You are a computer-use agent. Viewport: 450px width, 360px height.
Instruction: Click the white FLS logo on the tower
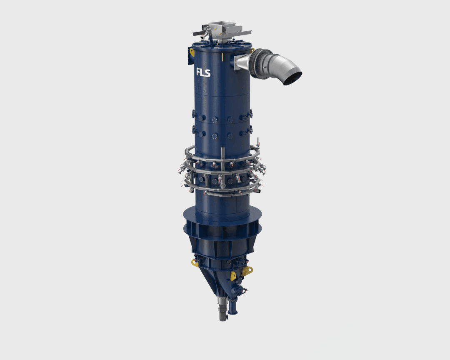coord(203,72)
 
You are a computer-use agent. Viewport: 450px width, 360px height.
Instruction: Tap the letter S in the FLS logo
coord(208,73)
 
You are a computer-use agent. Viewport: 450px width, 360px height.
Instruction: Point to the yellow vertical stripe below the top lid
coord(222,57)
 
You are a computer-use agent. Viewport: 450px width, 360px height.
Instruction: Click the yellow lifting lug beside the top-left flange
coord(191,52)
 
